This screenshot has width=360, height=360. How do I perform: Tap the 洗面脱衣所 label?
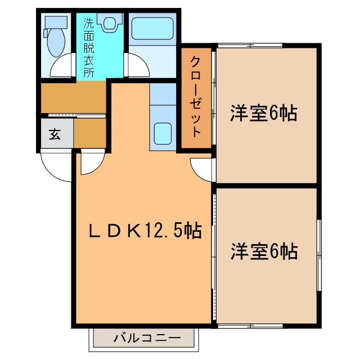coord(89,48)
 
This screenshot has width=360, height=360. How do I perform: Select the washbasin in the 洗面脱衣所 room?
coord(109,23)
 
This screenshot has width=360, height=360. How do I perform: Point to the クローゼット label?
coord(196,96)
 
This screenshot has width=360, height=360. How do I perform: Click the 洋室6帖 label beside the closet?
coord(263,114)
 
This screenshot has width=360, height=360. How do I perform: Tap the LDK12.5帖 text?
coord(146,231)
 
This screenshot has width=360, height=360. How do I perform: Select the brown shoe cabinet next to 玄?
coord(90,132)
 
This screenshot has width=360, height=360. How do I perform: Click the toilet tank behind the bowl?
coord(55,22)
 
